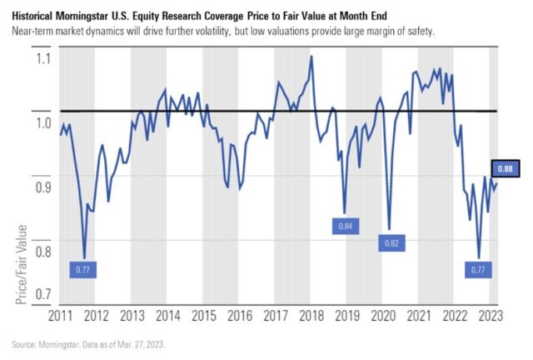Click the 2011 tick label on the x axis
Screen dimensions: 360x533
[59, 316]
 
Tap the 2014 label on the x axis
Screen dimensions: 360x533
[167, 316]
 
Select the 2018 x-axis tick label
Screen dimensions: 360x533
[311, 316]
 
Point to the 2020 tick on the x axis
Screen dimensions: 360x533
[383, 316]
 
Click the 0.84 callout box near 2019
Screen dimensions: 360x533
[345, 226]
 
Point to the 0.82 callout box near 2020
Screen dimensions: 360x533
[390, 242]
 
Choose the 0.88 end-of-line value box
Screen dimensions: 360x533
[504, 169]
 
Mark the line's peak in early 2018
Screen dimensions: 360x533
[311, 57]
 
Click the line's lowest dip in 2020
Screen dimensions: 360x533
[389, 228]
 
